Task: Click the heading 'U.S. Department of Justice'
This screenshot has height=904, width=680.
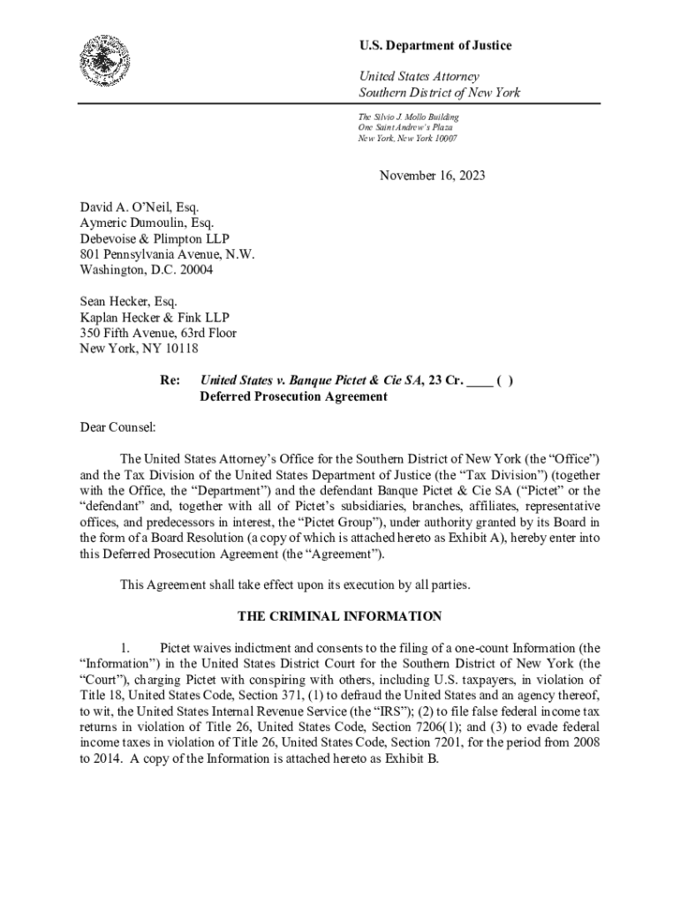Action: click(434, 46)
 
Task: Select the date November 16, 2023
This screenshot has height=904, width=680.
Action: click(432, 176)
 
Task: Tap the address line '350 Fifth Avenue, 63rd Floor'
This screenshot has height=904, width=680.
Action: click(158, 333)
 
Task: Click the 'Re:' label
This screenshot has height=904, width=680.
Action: click(170, 380)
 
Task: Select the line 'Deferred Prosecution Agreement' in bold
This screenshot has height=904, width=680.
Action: click(293, 396)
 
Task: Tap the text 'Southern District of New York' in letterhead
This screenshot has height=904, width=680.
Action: click(439, 93)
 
